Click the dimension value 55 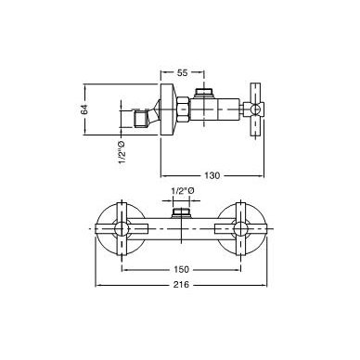coord(183,73)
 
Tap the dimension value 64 coord(84,109)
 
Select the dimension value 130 coord(212,175)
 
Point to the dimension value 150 coord(181,269)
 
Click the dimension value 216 coord(181,284)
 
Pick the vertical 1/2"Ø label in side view coord(122,152)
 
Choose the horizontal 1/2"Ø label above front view coord(183,191)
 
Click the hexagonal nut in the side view coord(184,109)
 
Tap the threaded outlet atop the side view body coord(204,93)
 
